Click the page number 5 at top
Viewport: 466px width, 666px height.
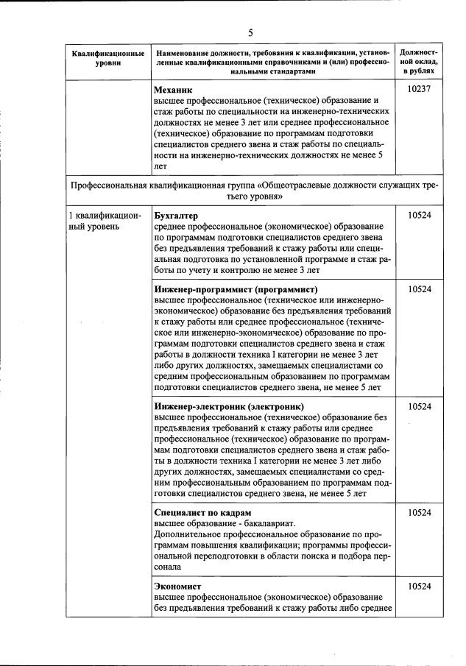[x=250, y=32]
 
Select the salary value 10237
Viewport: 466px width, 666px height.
[x=418, y=88]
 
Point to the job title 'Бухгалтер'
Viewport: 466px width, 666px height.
[x=177, y=215]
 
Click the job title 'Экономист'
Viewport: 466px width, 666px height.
[x=177, y=585]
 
